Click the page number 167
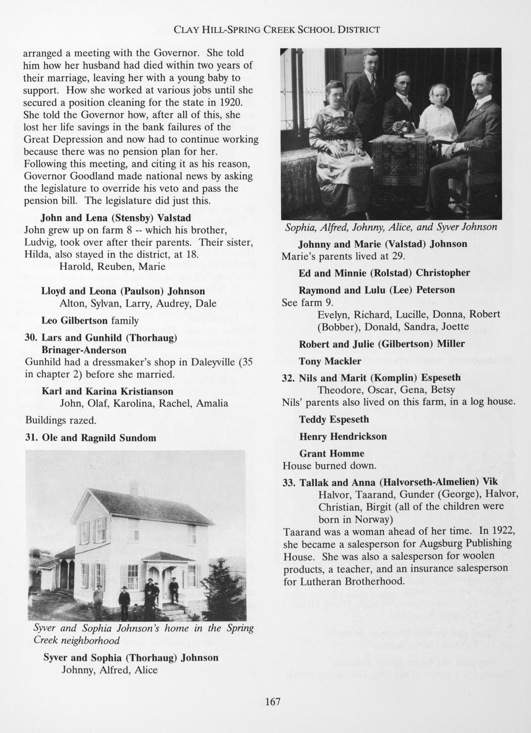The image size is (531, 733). (x=272, y=702)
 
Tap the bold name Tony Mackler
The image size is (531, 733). (x=330, y=361)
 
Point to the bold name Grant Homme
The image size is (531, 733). (x=332, y=454)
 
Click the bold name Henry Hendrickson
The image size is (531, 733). (x=343, y=437)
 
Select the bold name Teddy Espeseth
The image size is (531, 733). (x=334, y=419)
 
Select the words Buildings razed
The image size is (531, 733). (x=60, y=421)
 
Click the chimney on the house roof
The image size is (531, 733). (x=134, y=488)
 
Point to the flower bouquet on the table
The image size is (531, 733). (x=403, y=127)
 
